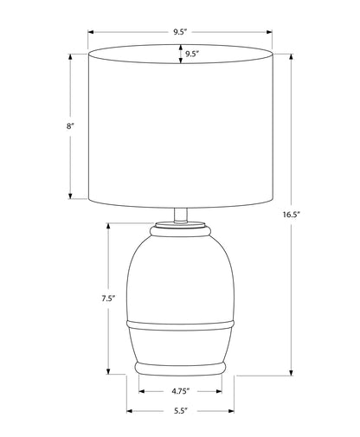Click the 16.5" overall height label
pyautogui.click(x=292, y=215)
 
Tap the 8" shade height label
pyautogui.click(x=70, y=126)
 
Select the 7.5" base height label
pyautogui.click(x=108, y=299)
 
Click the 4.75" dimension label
pyautogui.click(x=181, y=391)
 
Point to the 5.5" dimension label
pyautogui.click(x=181, y=411)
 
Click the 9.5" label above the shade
pyautogui.click(x=180, y=32)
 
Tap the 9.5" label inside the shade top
pyautogui.click(x=192, y=54)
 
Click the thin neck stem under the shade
pyautogui.click(x=181, y=215)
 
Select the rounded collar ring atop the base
pyautogui.click(x=180, y=231)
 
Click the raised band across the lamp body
pyautogui.click(x=181, y=325)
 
